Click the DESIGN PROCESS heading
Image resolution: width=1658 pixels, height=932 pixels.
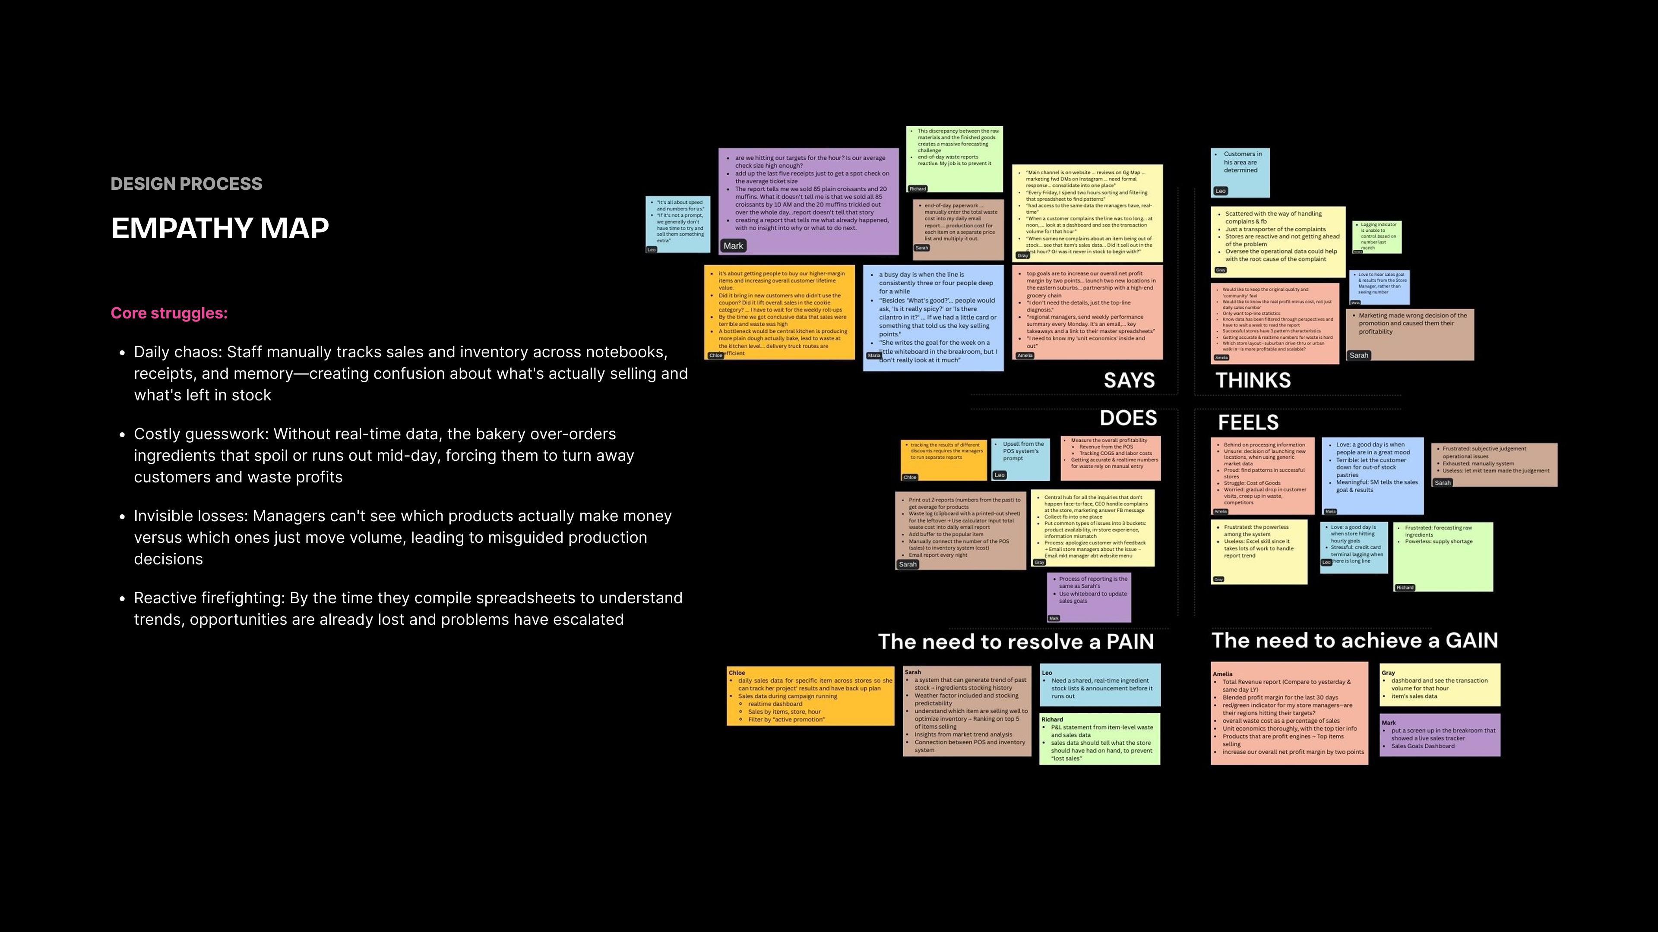(186, 184)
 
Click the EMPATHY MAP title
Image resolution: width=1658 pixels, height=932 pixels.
(219, 228)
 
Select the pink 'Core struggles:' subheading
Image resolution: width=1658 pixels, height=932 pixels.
(169, 313)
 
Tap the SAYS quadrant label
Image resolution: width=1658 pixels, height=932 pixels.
(1129, 380)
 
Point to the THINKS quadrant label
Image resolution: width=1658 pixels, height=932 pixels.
(1253, 380)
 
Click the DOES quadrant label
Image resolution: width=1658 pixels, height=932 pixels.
(1128, 418)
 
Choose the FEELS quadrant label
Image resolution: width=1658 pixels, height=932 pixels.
(1247, 422)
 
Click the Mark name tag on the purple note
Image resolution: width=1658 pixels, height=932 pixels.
(733, 246)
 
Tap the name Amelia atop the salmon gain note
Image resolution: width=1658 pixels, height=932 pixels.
(1222, 674)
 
